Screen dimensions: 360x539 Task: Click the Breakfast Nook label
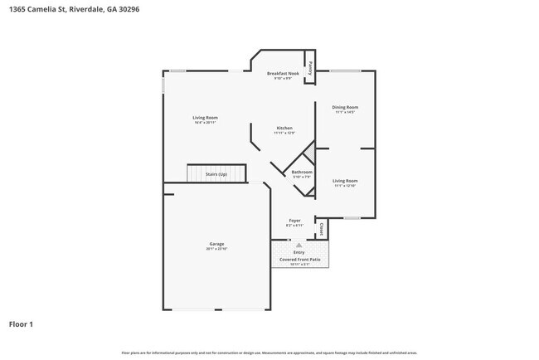[x=281, y=74]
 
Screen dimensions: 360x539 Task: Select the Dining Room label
[x=345, y=107]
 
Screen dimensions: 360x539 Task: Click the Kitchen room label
[x=284, y=128]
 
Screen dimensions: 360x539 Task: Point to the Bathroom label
[x=301, y=172]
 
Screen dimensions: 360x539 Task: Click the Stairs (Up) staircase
[x=216, y=174]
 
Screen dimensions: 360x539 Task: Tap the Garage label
[x=216, y=244]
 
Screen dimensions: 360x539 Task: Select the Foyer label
[x=294, y=221]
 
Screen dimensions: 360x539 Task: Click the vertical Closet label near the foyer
[x=321, y=227]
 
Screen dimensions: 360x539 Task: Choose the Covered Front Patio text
[x=299, y=259]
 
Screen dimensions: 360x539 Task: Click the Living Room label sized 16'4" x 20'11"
[x=205, y=118]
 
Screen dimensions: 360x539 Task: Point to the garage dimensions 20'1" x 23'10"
[x=216, y=249]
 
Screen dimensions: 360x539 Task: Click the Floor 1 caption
[x=22, y=324]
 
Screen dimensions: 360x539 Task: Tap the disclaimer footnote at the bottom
[x=269, y=353]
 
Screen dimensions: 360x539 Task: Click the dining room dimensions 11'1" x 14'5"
[x=345, y=112]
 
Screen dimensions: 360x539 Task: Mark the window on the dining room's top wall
[x=345, y=71]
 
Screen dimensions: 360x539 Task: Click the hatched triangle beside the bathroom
[x=308, y=153]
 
